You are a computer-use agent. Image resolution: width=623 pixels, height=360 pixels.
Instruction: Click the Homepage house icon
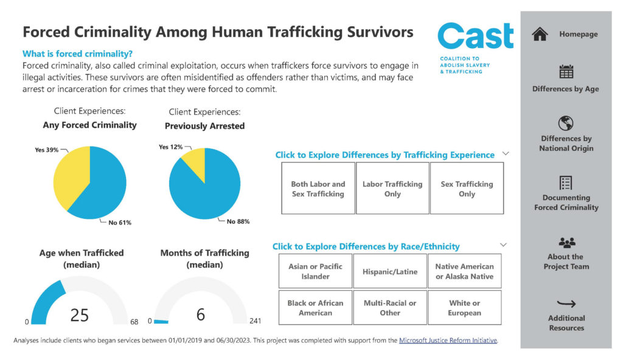pyautogui.click(x=540, y=35)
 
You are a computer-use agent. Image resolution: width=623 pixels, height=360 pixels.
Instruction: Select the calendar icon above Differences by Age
pyautogui.click(x=566, y=71)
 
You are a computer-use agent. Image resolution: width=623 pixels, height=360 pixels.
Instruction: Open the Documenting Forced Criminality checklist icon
pyautogui.click(x=566, y=182)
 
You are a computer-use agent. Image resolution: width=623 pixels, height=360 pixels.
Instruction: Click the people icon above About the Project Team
pyautogui.click(x=566, y=243)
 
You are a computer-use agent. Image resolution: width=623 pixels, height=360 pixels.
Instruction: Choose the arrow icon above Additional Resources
pyautogui.click(x=566, y=303)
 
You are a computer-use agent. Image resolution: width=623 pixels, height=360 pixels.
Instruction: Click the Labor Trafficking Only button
pyautogui.click(x=392, y=189)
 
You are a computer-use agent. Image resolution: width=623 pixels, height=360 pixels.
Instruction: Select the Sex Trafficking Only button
pyautogui.click(x=467, y=189)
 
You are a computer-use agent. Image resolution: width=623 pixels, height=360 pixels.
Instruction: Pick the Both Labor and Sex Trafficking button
pyautogui.click(x=318, y=189)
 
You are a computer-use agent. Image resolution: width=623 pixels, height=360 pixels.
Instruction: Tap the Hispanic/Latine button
pyautogui.click(x=390, y=271)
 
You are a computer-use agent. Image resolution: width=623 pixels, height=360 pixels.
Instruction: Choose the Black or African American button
pyautogui.click(x=315, y=308)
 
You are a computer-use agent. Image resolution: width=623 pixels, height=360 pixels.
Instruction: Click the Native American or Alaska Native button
pyautogui.click(x=464, y=271)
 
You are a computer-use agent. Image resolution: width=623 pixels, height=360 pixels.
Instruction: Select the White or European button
pyautogui.click(x=464, y=308)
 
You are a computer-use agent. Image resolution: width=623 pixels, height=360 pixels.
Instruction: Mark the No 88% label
pyautogui.click(x=238, y=221)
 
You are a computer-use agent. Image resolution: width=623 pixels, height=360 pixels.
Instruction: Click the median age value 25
pyautogui.click(x=80, y=314)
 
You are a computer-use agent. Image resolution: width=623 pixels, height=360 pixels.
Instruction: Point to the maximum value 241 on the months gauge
pyautogui.click(x=255, y=321)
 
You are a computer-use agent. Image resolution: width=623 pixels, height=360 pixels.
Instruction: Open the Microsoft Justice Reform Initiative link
pyautogui.click(x=448, y=341)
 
